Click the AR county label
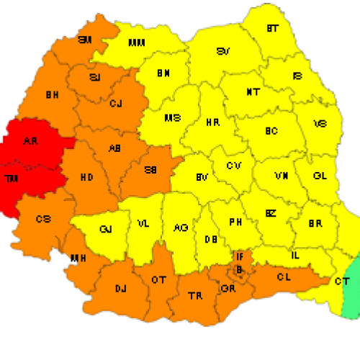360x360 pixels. coord(30,142)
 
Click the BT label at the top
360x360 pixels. coord(272,29)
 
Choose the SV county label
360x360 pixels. coord(224,52)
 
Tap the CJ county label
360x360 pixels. coord(115,104)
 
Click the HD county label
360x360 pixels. coord(86,176)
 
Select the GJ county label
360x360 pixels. coord(106,230)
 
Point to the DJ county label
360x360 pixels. coord(120,289)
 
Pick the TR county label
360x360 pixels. coord(194,296)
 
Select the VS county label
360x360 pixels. coord(320,124)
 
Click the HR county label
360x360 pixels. coord(212,123)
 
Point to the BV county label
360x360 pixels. coord(202,177)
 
